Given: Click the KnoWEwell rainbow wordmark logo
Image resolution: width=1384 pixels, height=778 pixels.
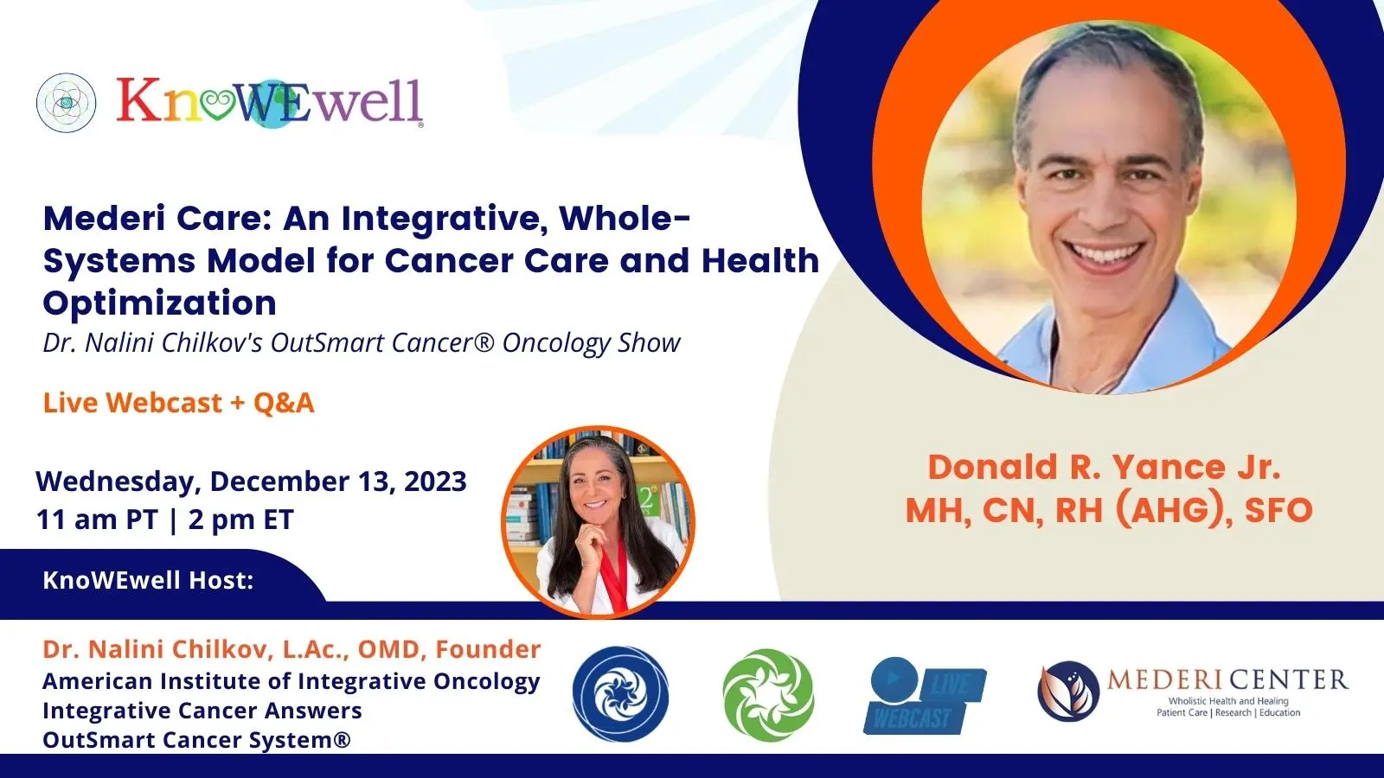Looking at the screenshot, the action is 270,102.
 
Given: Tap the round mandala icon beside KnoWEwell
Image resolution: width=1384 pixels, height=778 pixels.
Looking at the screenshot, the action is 66,103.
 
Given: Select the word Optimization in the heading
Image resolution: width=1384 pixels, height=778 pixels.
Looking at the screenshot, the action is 159,303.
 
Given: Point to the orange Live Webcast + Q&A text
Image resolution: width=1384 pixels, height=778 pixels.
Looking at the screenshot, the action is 178,403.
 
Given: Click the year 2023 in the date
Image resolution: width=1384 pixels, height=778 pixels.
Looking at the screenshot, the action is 435,481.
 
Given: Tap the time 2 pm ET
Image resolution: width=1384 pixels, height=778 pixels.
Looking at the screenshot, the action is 241,520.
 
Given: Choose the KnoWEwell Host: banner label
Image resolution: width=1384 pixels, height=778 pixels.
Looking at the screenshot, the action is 148,580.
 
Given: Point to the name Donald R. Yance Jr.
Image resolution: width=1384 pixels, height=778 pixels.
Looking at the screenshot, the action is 1104,468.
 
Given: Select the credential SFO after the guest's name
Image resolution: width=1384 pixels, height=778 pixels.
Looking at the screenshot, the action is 1278,511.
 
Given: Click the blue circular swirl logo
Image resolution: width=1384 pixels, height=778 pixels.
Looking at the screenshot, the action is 620,694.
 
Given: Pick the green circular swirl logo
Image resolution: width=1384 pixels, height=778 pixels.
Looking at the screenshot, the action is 769,695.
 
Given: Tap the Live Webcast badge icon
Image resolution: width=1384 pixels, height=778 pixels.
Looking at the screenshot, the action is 925,696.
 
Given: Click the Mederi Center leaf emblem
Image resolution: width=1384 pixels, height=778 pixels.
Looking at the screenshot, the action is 1068,692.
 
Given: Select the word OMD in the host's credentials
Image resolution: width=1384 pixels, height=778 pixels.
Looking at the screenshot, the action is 388,649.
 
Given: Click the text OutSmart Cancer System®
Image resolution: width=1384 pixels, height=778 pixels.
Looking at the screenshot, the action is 196,740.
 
